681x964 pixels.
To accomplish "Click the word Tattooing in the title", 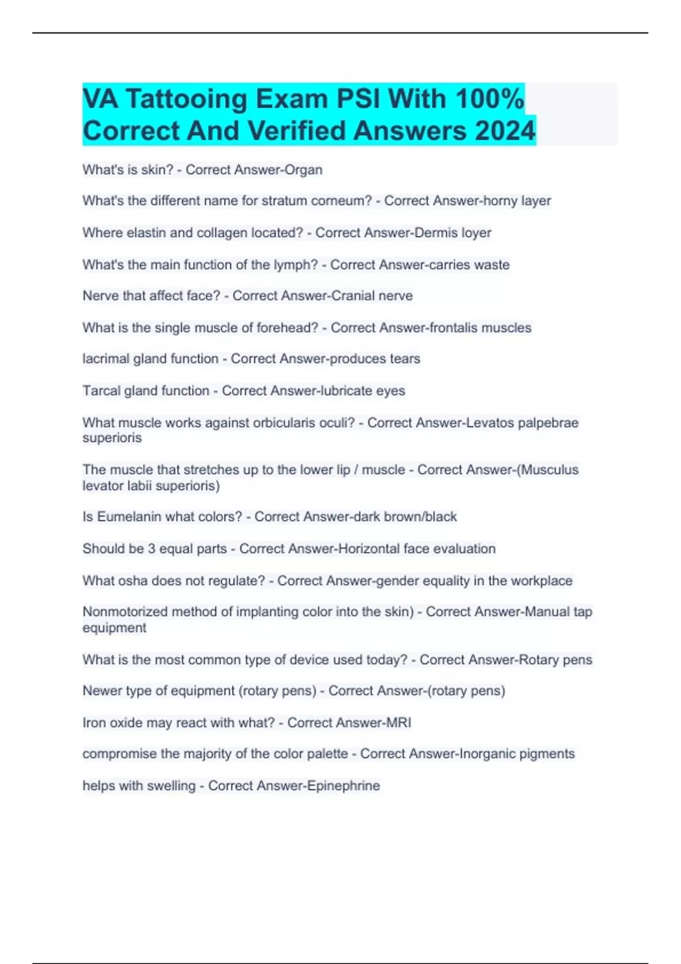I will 186,99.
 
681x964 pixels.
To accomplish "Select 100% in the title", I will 489,99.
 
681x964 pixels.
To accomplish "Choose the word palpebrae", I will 548,422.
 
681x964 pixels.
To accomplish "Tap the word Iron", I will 93,722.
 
